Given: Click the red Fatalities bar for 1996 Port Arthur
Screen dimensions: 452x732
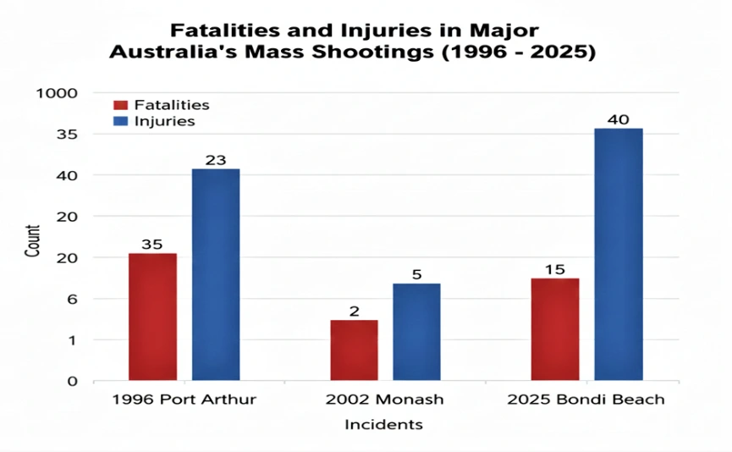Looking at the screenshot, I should pyautogui.click(x=152, y=317).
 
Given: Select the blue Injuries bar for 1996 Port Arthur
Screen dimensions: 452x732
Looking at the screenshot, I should pyautogui.click(x=216, y=275).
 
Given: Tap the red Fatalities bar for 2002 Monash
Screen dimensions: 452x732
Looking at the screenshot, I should pyautogui.click(x=354, y=350).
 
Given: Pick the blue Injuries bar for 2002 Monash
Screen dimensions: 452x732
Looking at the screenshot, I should pyautogui.click(x=416, y=332).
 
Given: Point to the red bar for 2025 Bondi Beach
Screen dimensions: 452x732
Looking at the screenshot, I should pyautogui.click(x=554, y=329).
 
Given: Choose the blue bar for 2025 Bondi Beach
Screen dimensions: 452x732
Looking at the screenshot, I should pyautogui.click(x=618, y=254).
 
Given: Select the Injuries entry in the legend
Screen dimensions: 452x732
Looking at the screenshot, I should pyautogui.click(x=164, y=121).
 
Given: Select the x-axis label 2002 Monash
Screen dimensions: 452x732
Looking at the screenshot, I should pyautogui.click(x=384, y=400).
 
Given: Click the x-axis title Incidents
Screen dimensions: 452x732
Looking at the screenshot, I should pyautogui.click(x=383, y=424).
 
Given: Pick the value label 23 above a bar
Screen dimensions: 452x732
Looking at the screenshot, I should pyautogui.click(x=216, y=160).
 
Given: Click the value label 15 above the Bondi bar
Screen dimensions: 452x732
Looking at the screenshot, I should pyautogui.click(x=554, y=269).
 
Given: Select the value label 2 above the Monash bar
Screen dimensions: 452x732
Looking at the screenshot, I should pyautogui.click(x=354, y=311).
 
